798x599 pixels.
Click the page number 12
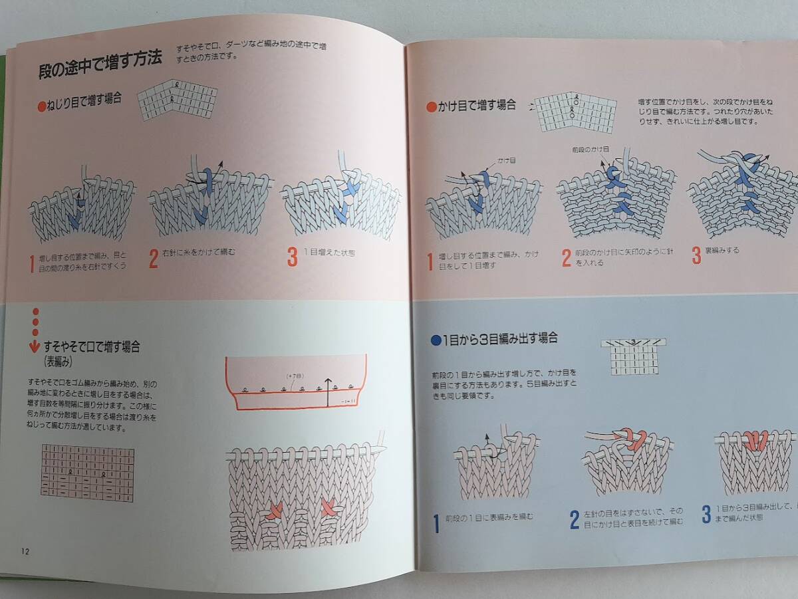tap(25, 550)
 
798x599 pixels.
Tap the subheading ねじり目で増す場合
tap(84, 98)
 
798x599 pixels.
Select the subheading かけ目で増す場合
tap(476, 104)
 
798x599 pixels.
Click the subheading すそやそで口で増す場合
tap(91, 347)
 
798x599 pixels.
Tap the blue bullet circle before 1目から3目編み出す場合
tap(436, 340)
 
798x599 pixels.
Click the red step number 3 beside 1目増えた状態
tap(292, 257)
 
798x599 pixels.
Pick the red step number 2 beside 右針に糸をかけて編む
tap(153, 258)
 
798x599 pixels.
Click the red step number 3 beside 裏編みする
tap(696, 255)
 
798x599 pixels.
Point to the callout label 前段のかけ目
tap(587, 151)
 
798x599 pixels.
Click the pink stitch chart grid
tap(87, 473)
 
